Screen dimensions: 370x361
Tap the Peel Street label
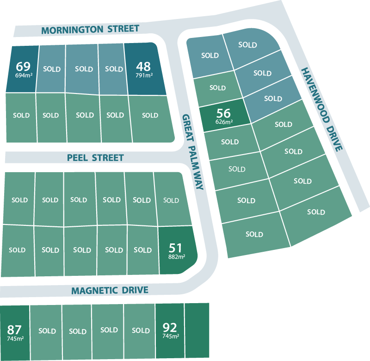tap(95, 158)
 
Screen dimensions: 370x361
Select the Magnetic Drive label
tap(110, 291)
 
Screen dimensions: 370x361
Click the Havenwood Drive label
tap(322, 110)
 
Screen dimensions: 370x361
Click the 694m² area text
tap(23, 75)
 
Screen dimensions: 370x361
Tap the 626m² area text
tap(224, 122)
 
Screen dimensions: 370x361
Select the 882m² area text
tap(177, 257)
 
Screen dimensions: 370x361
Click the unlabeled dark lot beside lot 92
tap(197, 330)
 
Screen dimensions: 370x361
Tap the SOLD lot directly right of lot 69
tap(51, 69)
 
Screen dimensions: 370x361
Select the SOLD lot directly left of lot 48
tap(114, 69)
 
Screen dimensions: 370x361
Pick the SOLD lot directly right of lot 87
tap(47, 331)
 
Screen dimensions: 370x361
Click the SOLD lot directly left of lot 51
tap(142, 250)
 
